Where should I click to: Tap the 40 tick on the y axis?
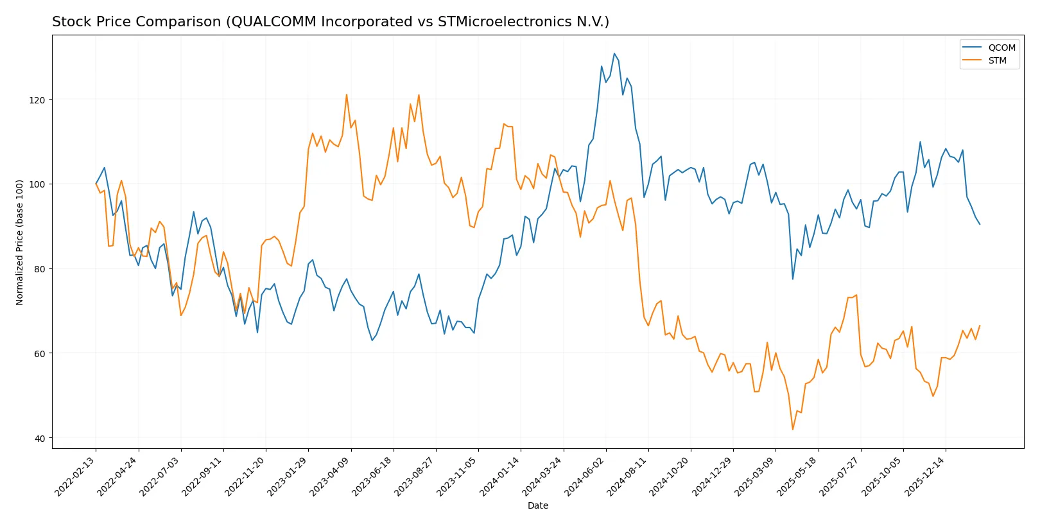(x=39, y=439)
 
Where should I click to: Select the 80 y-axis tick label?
(x=39, y=269)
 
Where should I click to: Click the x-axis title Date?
(x=537, y=506)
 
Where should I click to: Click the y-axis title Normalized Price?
(x=20, y=242)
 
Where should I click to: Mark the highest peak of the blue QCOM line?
(x=614, y=54)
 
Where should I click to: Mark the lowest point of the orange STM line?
(x=793, y=430)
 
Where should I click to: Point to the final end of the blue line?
(x=980, y=224)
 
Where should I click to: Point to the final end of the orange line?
(x=980, y=326)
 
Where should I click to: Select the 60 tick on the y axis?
(x=39, y=354)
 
